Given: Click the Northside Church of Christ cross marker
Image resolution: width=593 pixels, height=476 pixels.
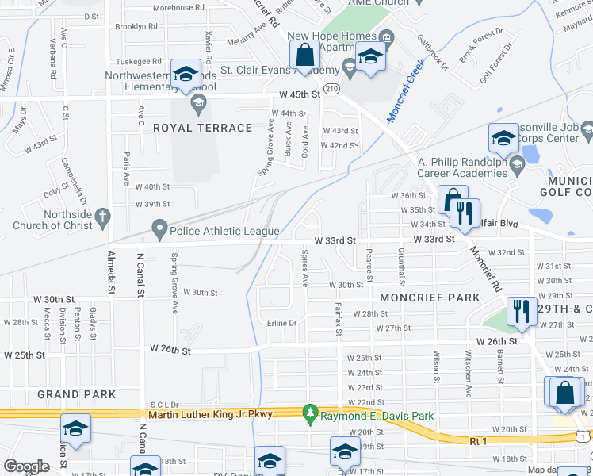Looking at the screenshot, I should coord(101,216).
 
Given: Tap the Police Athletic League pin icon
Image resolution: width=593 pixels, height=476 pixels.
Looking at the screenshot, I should coord(159,231).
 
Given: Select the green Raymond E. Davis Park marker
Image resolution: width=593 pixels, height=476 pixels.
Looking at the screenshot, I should coord(310,413).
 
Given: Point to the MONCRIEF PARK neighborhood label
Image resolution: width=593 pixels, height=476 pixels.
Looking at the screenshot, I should coord(430,297).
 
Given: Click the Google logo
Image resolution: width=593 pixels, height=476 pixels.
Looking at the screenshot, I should coord(27,466).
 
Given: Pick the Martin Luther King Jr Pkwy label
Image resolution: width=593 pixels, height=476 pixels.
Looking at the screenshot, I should coord(209,414).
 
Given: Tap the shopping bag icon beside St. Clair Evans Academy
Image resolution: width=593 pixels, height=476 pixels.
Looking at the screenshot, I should coord(304,56).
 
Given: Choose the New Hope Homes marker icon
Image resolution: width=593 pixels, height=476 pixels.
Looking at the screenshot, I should coord(385,36).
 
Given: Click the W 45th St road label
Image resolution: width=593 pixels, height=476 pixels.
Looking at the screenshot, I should coord(298,94).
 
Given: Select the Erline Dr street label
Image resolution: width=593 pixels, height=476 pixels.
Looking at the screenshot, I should coord(281,323).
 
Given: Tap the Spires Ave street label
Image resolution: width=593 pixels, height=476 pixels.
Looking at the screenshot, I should coord(304,266).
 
